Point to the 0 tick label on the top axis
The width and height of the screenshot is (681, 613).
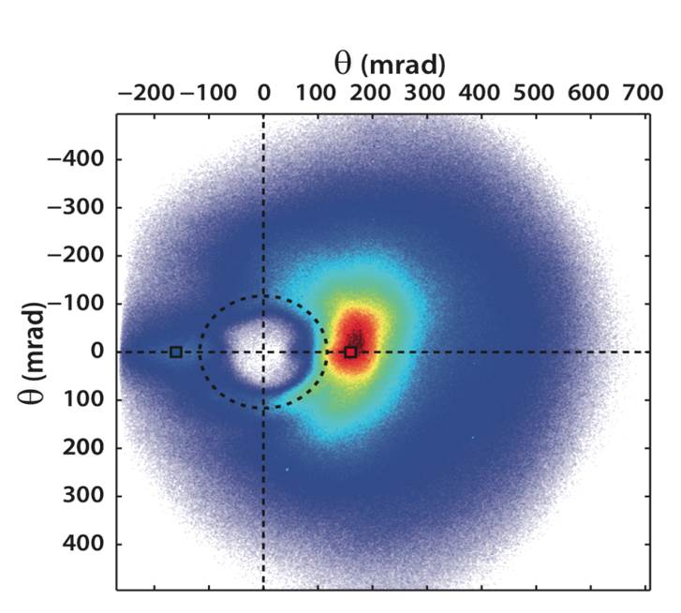(x=263, y=95)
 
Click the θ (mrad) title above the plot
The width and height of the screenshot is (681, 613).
(x=389, y=64)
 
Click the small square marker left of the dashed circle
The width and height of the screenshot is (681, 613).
(x=175, y=351)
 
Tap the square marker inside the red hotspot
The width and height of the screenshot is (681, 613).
(x=350, y=351)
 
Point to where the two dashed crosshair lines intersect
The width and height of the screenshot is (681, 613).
(x=263, y=351)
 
